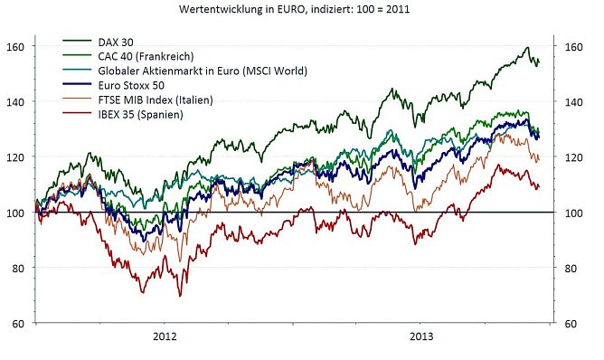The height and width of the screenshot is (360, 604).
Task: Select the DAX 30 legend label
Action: [x=118, y=42]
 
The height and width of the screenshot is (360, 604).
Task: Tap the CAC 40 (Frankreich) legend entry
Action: [x=152, y=56]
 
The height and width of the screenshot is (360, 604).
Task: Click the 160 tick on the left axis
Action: [x=17, y=45]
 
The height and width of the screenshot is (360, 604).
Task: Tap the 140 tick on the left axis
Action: [x=17, y=101]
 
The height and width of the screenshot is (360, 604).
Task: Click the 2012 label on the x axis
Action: [x=164, y=336]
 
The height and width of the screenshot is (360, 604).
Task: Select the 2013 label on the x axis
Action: [x=420, y=336]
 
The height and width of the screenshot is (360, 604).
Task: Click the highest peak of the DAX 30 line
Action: [x=527, y=47]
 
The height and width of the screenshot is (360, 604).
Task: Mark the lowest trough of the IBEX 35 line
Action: [x=179, y=296]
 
